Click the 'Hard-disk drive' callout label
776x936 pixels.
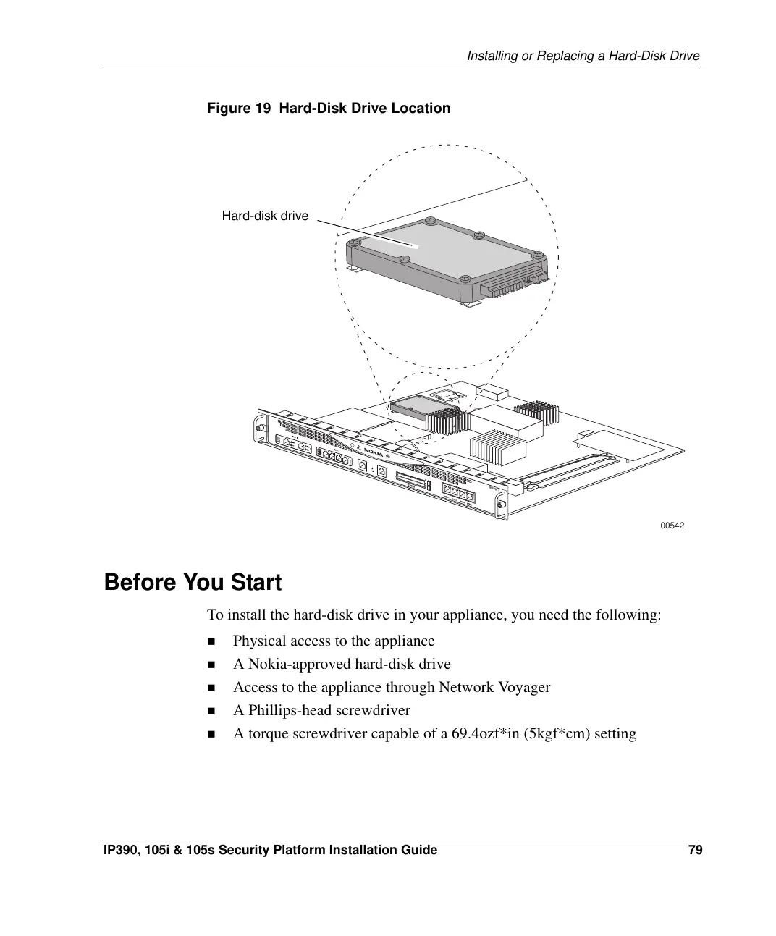point(264,216)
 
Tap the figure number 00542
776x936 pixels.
point(672,526)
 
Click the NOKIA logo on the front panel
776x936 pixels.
point(374,452)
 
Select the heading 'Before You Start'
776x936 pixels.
point(193,582)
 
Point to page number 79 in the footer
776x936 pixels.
point(695,850)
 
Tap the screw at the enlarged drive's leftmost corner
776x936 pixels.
point(355,244)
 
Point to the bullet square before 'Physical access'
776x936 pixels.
point(211,641)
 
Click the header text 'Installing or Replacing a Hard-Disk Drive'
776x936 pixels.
point(583,56)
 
